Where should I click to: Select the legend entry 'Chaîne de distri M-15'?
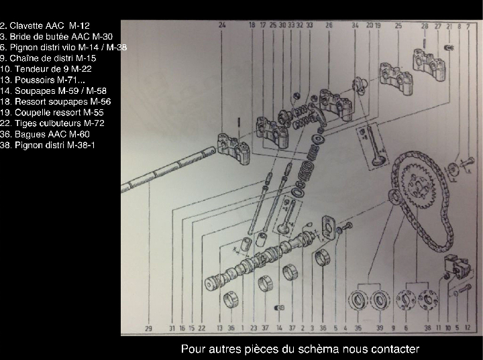[x=48, y=58]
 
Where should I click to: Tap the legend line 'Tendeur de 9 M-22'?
[x=46, y=68]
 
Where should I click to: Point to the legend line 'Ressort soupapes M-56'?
[x=55, y=101]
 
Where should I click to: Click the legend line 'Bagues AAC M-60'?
[x=46, y=134]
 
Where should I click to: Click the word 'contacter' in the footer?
[x=394, y=349]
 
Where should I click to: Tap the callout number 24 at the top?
[x=222, y=25]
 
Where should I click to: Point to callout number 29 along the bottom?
[x=148, y=328]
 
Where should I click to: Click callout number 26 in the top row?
[x=329, y=25]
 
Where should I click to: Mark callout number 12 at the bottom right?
[x=468, y=328]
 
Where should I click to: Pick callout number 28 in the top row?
[x=425, y=25]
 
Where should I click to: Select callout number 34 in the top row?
[x=355, y=25]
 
